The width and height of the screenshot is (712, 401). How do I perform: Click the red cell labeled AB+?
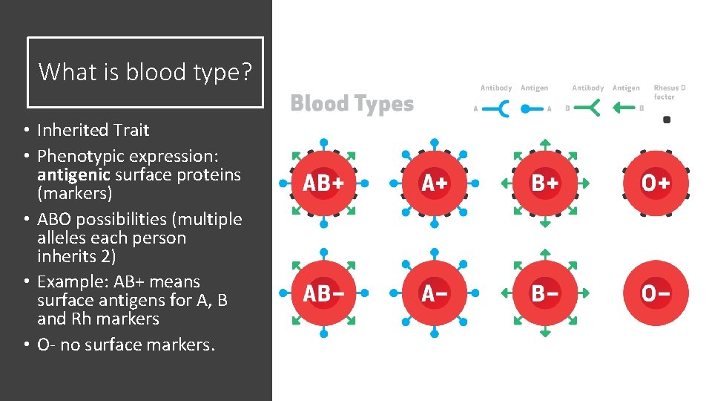323,183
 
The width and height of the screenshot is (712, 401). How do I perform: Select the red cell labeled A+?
434,183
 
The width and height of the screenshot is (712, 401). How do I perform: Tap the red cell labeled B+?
544,183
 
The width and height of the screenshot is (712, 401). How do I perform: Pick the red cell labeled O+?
656,183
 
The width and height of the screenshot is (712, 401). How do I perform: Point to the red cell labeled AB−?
323,293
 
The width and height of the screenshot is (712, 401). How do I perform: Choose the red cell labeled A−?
434,293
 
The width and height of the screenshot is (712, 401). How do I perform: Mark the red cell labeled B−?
544,293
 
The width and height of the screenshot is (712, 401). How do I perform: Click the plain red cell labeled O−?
656,293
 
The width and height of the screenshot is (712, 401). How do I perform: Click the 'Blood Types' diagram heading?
352,103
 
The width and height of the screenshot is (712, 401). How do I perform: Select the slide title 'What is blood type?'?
145,72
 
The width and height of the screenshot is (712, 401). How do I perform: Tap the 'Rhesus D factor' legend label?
669,92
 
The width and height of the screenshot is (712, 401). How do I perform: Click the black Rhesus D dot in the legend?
666,120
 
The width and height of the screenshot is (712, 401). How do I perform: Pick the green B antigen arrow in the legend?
625,109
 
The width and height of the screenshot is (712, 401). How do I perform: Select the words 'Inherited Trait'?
93,130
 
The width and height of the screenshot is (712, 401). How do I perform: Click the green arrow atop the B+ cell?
544,142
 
